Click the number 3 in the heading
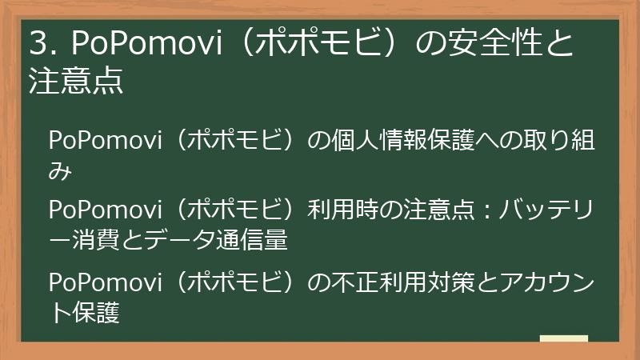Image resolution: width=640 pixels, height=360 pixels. pos(37,45)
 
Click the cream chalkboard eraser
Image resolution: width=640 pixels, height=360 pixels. pos(563,338)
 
